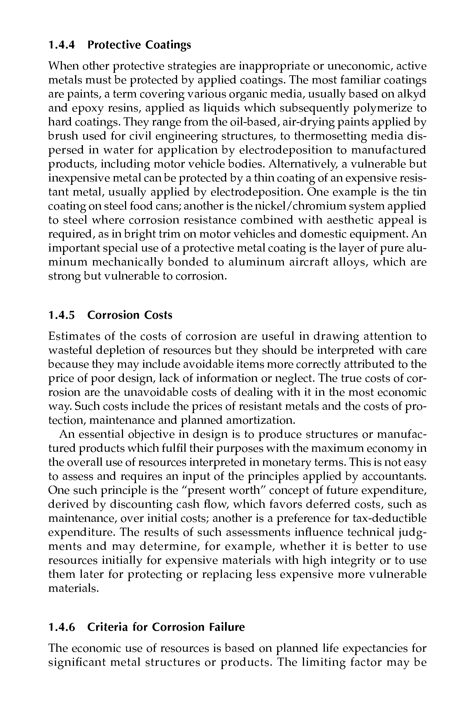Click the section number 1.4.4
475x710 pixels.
click(61, 45)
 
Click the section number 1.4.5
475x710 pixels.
click(61, 315)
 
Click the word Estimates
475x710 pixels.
click(74, 336)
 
